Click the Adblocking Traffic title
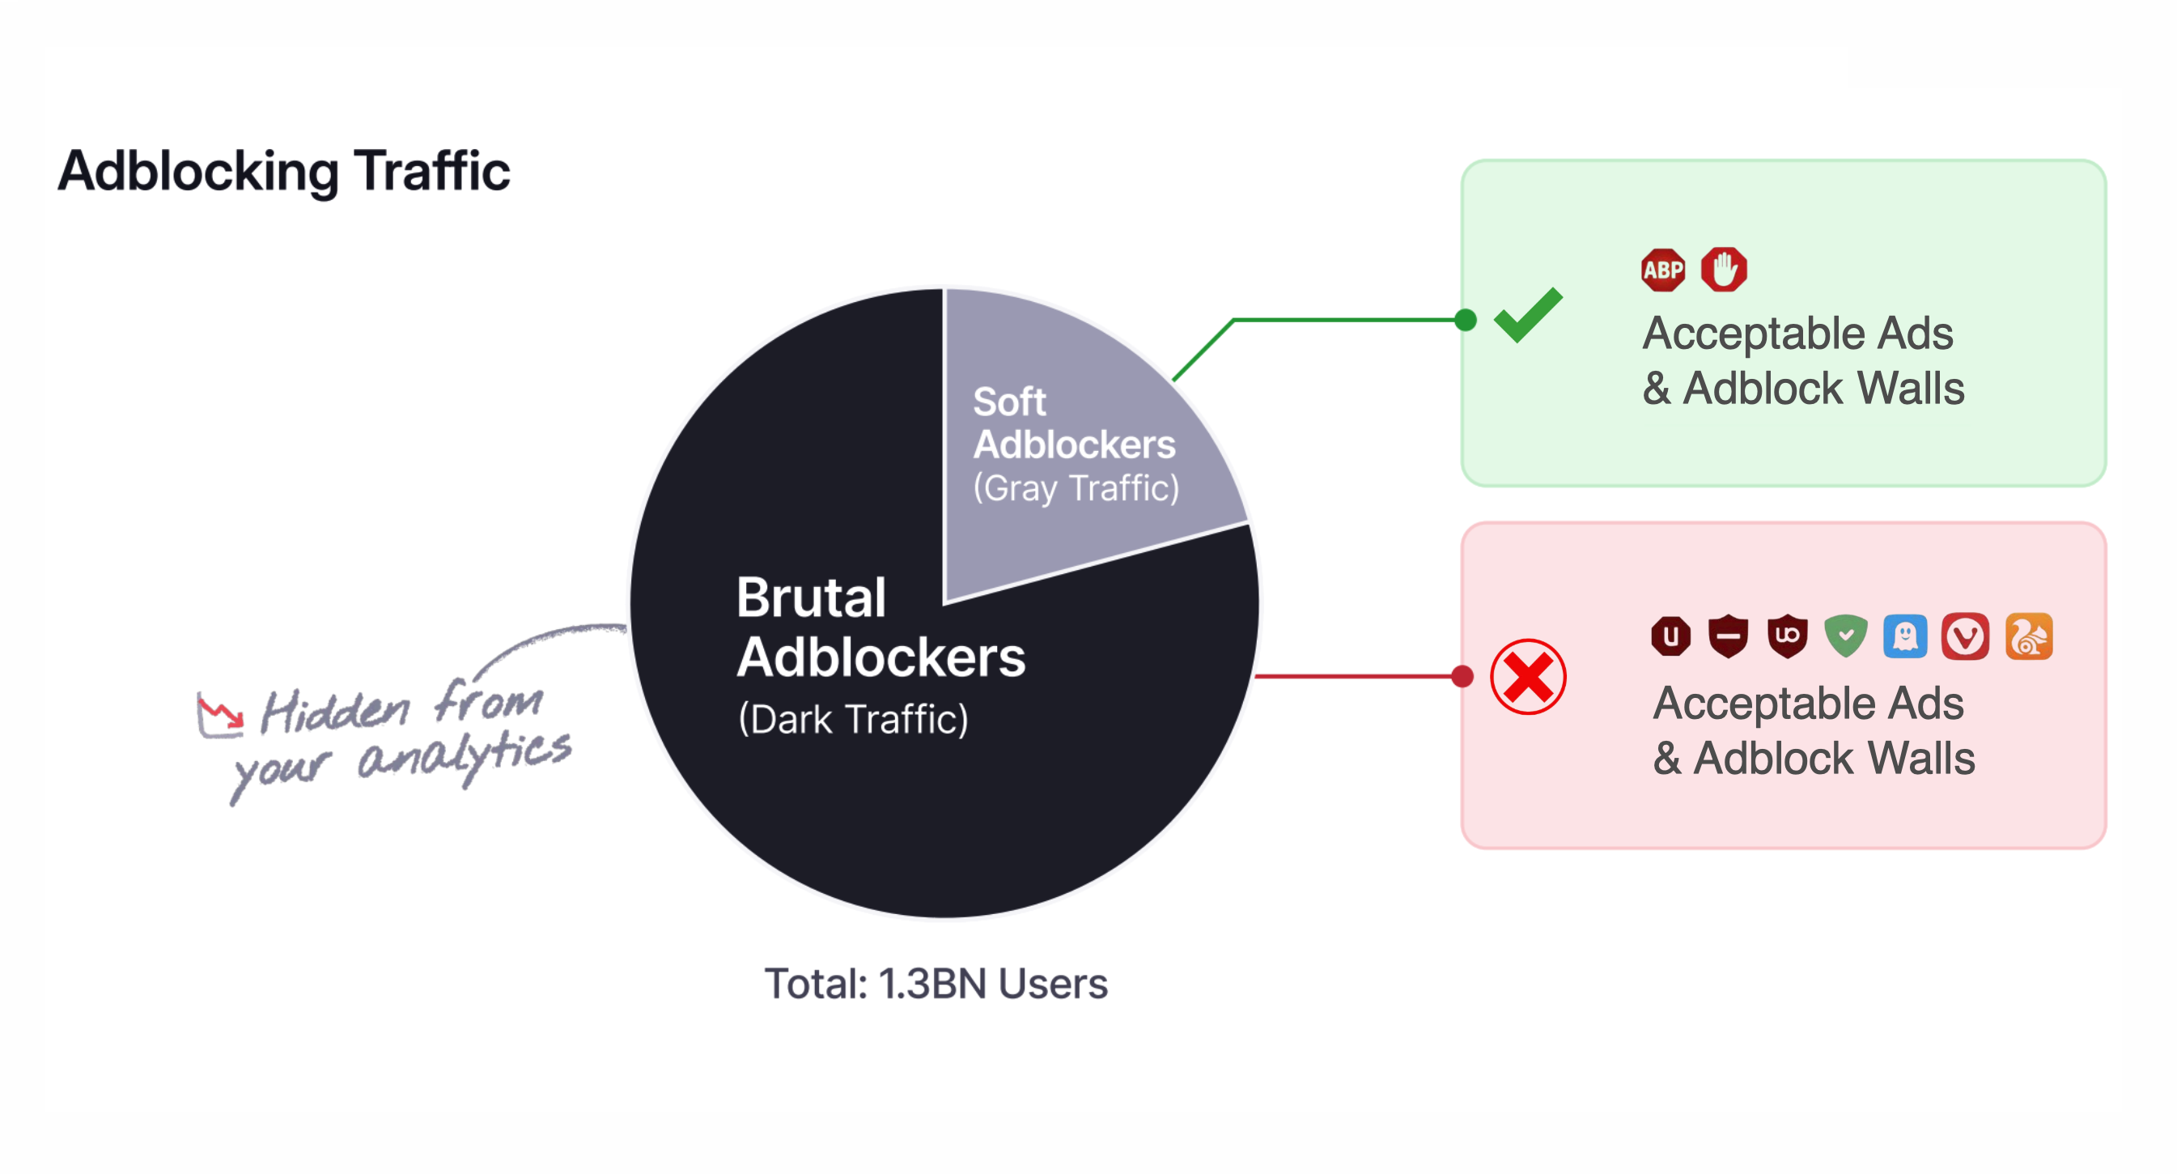[x=284, y=172]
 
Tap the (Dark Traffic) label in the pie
[x=853, y=719]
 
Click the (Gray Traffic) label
[x=1076, y=488]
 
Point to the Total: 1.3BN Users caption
[x=936, y=984]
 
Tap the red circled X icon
[x=1528, y=677]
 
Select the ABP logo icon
[x=1662, y=270]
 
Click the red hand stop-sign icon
[x=1724, y=270]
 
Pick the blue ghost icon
[x=1905, y=636]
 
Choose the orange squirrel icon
[x=2028, y=636]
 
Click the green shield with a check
[x=1846, y=636]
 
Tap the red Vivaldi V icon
[x=1965, y=636]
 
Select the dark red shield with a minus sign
[x=1729, y=636]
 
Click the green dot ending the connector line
[x=1466, y=321]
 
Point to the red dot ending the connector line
[x=1463, y=676]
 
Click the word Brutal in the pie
[x=810, y=598]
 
